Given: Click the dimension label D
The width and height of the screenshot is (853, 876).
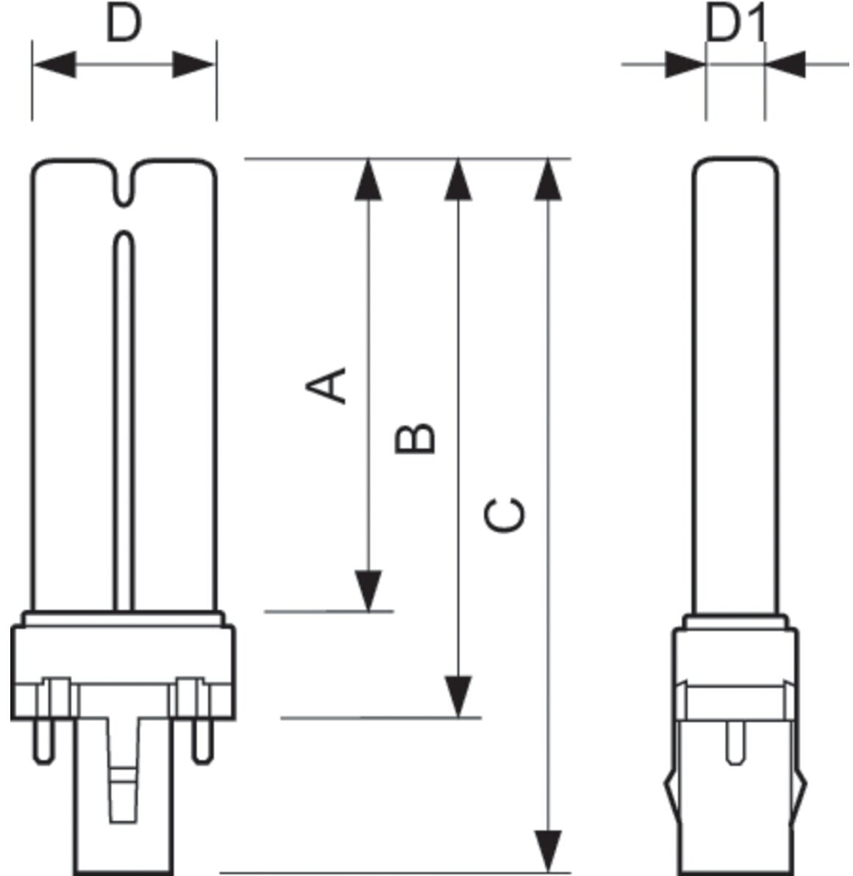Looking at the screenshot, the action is pyautogui.click(x=124, y=24).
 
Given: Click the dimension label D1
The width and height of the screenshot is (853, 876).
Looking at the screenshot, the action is pyautogui.click(x=736, y=24).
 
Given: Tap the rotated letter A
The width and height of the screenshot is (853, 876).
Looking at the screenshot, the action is pyautogui.click(x=326, y=385).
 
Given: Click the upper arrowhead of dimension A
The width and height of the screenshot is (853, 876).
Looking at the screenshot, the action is pyautogui.click(x=368, y=179).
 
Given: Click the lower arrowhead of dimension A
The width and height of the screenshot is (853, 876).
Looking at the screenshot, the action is pyautogui.click(x=368, y=591).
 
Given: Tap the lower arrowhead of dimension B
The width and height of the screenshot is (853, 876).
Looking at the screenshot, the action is pyautogui.click(x=458, y=697).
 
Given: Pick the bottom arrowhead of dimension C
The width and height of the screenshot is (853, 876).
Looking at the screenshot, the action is pyautogui.click(x=548, y=852).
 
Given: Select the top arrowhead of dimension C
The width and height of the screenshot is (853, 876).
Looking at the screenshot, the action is pyautogui.click(x=548, y=179).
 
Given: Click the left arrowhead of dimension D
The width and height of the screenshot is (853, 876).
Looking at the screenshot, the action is pyautogui.click(x=54, y=64).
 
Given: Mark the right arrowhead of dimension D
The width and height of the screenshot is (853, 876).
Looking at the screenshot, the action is pyautogui.click(x=194, y=64).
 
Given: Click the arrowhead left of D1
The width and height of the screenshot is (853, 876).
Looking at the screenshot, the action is pyautogui.click(x=685, y=64).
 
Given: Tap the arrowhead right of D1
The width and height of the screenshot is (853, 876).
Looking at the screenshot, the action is pyautogui.click(x=785, y=64).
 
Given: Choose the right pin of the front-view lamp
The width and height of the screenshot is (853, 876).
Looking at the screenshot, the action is pyautogui.click(x=203, y=741).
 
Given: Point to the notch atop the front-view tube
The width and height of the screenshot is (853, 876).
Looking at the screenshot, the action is pyautogui.click(x=124, y=184).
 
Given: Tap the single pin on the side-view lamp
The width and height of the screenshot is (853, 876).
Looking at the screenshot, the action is pyautogui.click(x=735, y=742).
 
